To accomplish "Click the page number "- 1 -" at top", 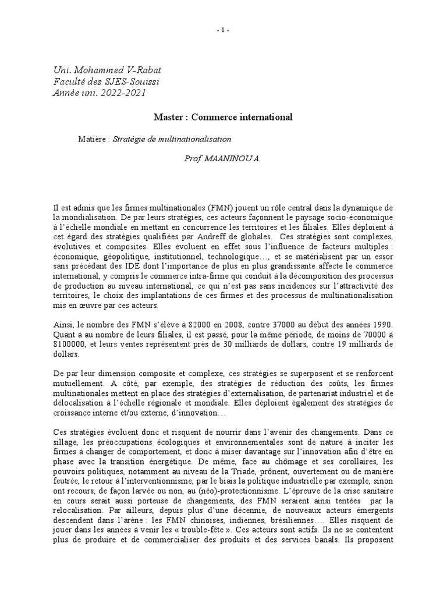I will (223, 31).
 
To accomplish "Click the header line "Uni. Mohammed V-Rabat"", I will (100, 70).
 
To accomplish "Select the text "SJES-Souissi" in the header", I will (133, 81).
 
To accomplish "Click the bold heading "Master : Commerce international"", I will (223, 117).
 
